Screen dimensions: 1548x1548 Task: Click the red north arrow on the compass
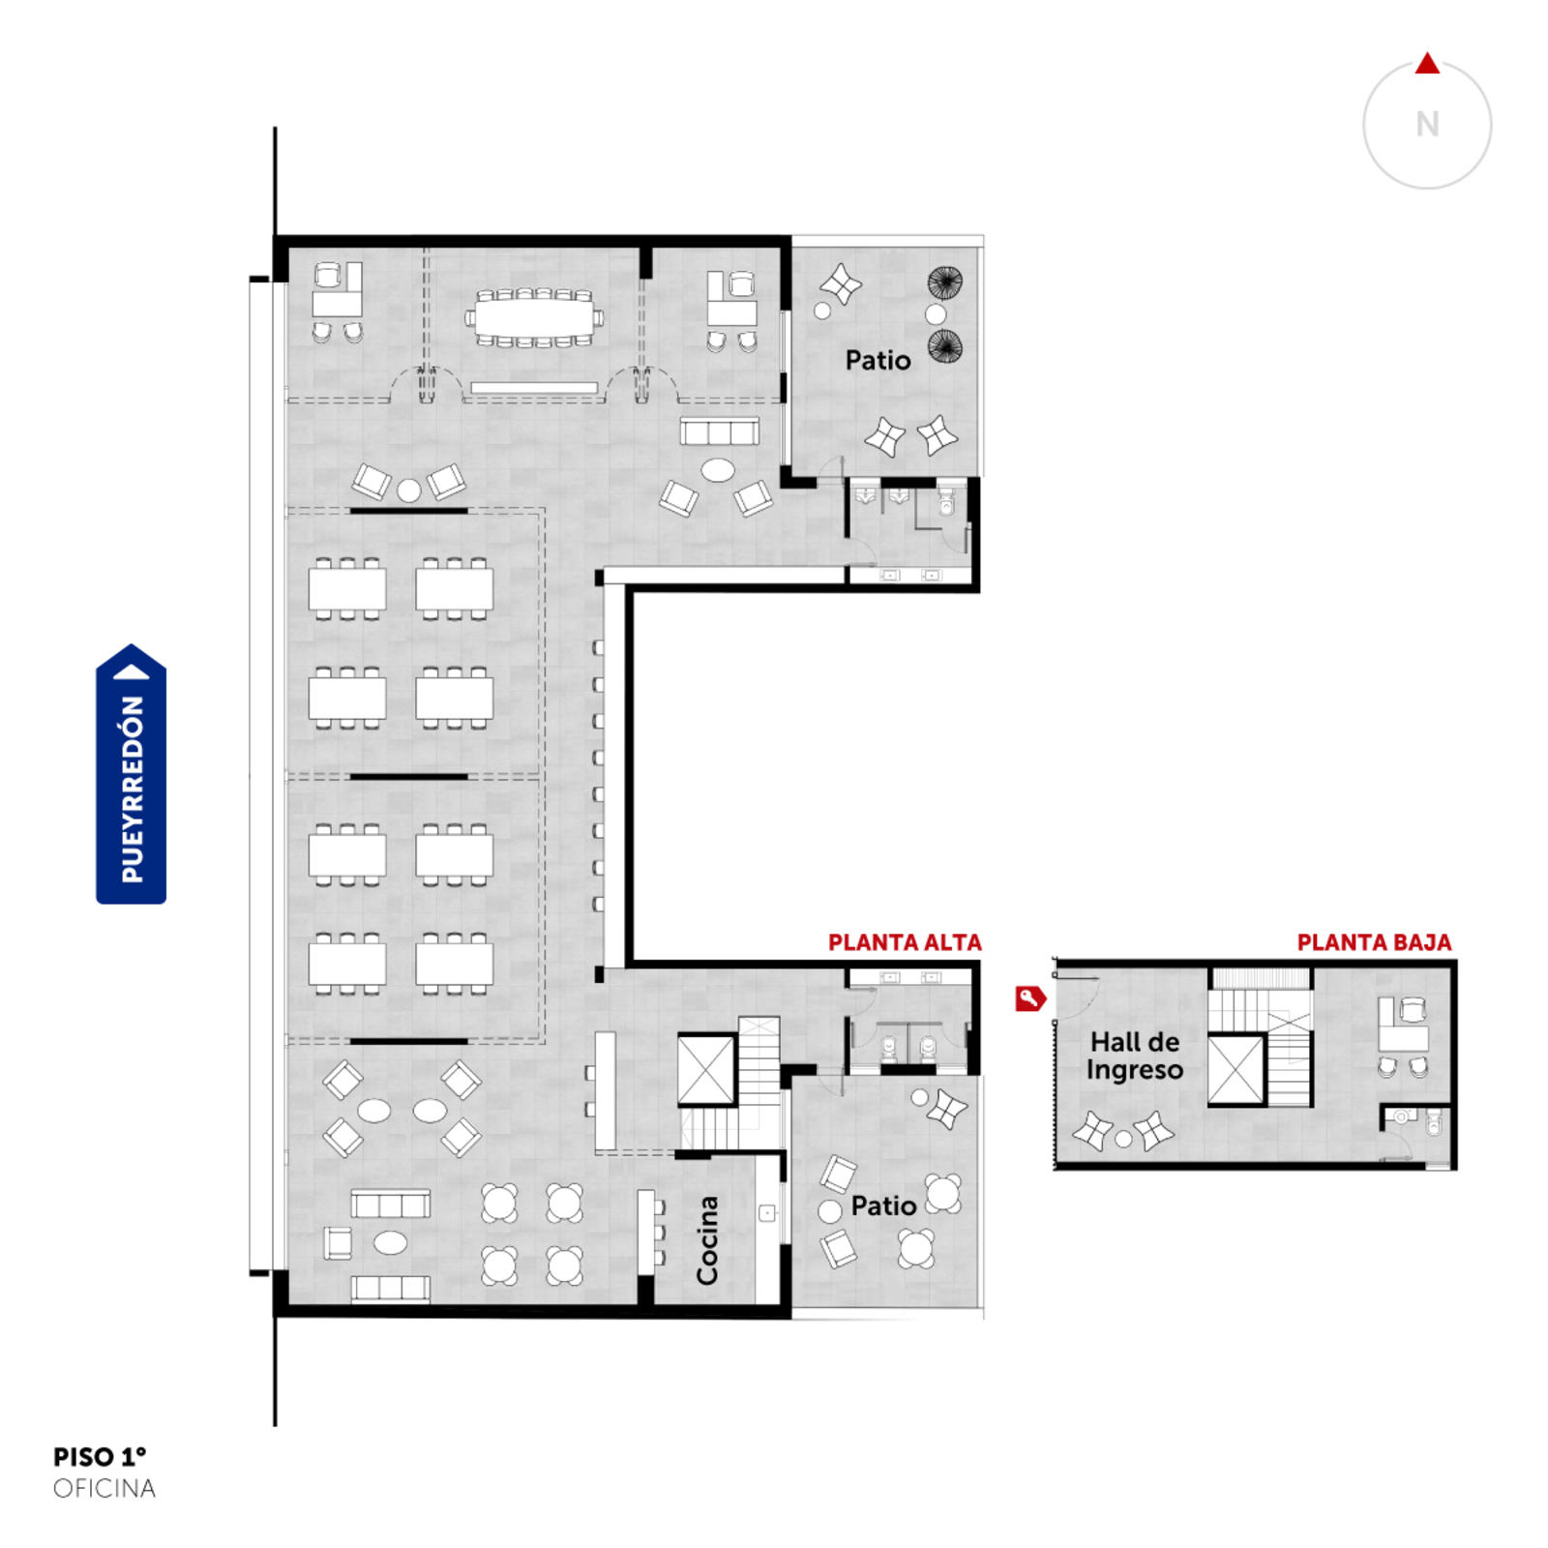(x=1427, y=65)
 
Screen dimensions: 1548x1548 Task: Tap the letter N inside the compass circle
(x=1427, y=125)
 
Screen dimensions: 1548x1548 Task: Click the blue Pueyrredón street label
(x=132, y=774)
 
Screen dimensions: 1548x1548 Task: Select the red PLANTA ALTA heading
(x=905, y=942)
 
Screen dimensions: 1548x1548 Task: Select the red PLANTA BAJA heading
(x=1374, y=942)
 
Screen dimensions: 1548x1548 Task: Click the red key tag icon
(x=1030, y=998)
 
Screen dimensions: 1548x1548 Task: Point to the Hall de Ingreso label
(x=1135, y=1056)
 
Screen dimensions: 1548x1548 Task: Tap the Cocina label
(x=707, y=1240)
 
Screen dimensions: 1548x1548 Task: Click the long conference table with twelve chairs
(x=534, y=316)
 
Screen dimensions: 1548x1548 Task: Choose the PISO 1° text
(x=100, y=1456)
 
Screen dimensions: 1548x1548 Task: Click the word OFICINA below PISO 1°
(x=104, y=1488)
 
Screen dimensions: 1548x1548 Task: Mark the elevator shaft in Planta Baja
(x=1236, y=1070)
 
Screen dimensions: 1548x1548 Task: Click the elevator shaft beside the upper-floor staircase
(x=706, y=1069)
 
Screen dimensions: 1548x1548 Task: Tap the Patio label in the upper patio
(x=878, y=361)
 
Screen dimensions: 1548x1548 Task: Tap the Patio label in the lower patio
(x=883, y=1206)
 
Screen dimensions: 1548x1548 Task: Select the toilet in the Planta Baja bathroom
(x=1434, y=1122)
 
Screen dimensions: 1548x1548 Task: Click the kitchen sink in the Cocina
(x=767, y=1213)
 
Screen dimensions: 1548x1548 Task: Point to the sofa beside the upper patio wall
(x=719, y=431)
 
